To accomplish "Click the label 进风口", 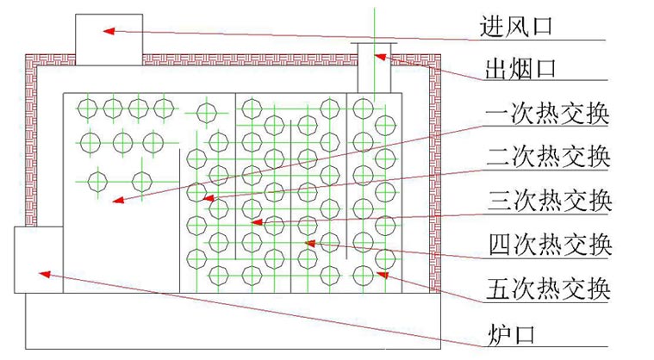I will point(515,27).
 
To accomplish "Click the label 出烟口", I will point(515,68).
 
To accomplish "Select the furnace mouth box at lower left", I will point(39,260).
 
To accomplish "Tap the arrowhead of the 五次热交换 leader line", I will point(380,275).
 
